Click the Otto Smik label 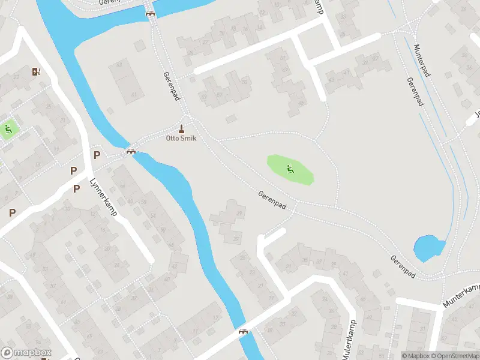click(x=181, y=138)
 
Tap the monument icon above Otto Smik click(x=181, y=129)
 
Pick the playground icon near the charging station click(x=8, y=128)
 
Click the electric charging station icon click(x=36, y=72)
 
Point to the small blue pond click(x=428, y=247)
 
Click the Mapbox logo click(x=26, y=353)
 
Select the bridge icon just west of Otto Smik click(x=130, y=151)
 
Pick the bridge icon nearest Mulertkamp click(x=243, y=331)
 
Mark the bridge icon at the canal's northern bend click(x=149, y=13)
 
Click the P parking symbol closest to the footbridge click(x=97, y=155)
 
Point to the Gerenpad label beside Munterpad click(x=415, y=93)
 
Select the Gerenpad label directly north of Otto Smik click(x=171, y=86)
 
